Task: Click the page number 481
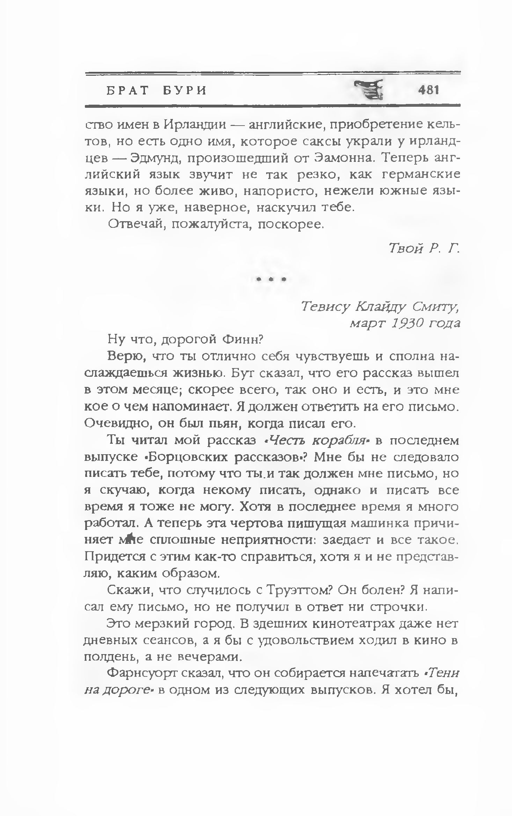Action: click(x=428, y=90)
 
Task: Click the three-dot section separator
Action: click(x=271, y=279)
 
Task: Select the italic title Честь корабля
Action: click(x=316, y=441)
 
